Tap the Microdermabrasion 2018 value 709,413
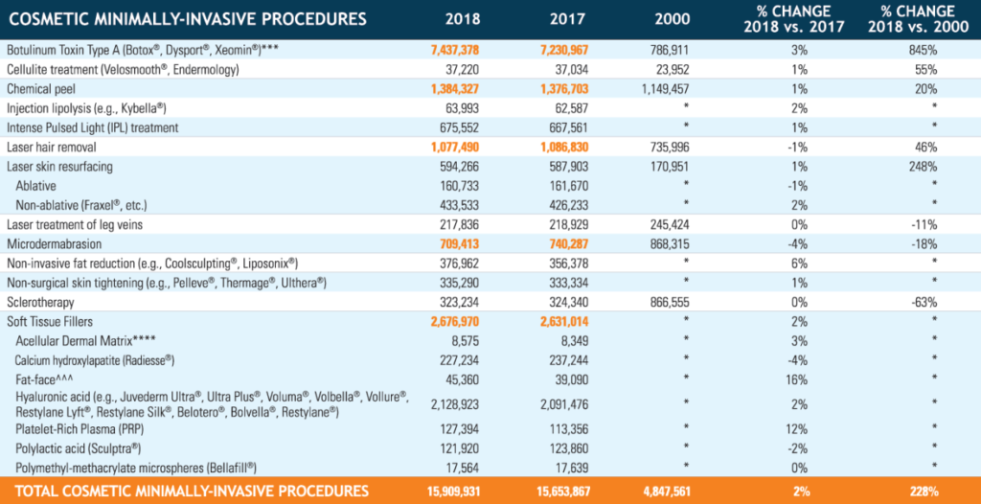(472, 243)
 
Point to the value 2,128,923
(468, 403)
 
